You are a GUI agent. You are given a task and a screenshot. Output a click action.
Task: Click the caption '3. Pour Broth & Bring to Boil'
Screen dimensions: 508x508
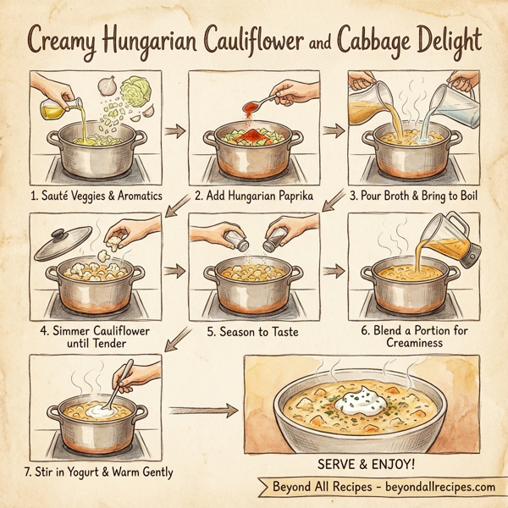(x=415, y=194)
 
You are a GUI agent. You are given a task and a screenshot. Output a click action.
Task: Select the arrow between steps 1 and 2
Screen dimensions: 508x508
(x=174, y=132)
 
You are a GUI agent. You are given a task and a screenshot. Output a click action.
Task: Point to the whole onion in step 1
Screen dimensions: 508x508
(x=109, y=86)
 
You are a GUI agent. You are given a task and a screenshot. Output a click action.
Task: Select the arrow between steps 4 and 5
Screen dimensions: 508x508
(x=174, y=273)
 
